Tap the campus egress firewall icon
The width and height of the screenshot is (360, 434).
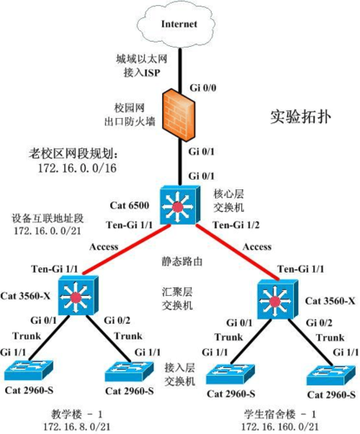point(179,118)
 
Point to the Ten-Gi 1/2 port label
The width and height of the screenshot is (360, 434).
point(232,226)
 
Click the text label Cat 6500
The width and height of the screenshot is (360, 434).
point(131,205)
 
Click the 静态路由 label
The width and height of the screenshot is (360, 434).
point(179,260)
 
